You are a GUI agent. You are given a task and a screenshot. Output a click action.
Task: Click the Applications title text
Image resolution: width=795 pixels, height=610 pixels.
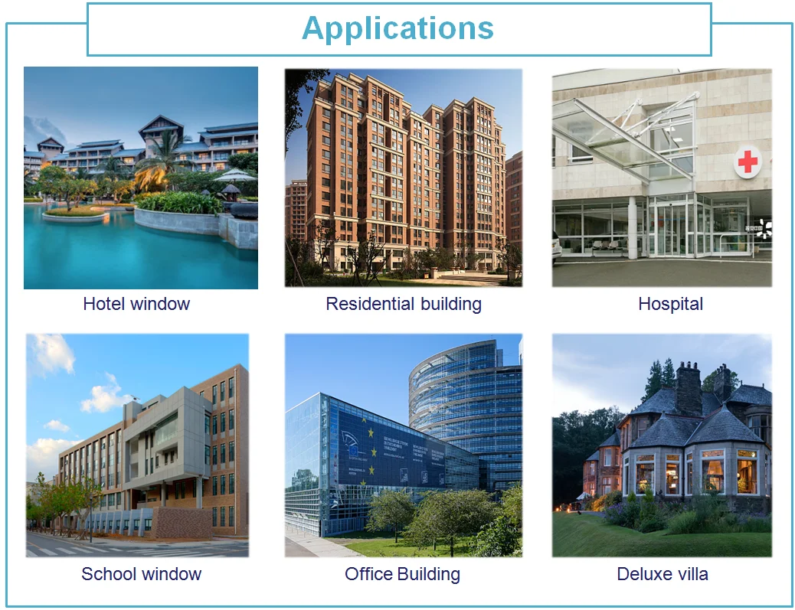[398, 28]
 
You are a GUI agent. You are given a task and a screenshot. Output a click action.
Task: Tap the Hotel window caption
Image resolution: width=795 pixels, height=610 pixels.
[136, 304]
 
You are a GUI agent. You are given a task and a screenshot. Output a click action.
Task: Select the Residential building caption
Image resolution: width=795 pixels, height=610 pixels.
[404, 304]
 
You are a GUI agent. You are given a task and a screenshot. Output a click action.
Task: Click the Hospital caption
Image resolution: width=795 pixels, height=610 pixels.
[670, 304]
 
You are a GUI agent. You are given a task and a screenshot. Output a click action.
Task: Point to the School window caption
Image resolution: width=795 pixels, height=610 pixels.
[142, 574]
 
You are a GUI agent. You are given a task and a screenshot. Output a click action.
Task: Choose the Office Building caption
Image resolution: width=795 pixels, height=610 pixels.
[403, 574]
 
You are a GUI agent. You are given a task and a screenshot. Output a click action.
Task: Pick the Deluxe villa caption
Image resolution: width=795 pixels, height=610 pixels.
[662, 574]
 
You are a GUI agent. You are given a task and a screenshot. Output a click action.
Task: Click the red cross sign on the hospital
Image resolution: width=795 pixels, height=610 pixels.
[748, 162]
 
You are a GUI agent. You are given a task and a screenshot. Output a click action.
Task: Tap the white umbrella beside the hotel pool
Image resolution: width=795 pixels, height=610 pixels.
[235, 176]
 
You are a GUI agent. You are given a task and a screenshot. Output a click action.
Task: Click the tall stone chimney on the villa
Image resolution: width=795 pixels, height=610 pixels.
[689, 388]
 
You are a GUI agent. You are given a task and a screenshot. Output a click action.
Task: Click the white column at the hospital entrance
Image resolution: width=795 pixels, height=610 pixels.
[633, 227]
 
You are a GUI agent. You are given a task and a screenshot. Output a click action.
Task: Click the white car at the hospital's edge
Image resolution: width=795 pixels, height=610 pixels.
[557, 246]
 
